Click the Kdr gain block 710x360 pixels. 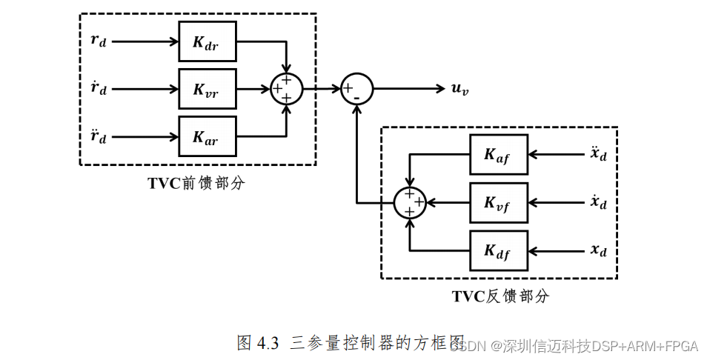(207, 41)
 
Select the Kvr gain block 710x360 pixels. (207, 89)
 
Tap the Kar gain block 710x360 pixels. (207, 136)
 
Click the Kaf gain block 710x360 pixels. (498, 155)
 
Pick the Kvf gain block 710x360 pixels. (498, 202)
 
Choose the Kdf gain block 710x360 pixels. (498, 250)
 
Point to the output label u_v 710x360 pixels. (459, 90)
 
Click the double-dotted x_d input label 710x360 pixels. (599, 154)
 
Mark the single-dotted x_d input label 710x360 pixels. (599, 202)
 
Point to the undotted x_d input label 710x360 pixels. (599, 250)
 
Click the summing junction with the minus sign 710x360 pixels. (356, 90)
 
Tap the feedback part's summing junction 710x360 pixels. (409, 202)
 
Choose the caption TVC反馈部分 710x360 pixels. (500, 297)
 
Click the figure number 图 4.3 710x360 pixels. (257, 342)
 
